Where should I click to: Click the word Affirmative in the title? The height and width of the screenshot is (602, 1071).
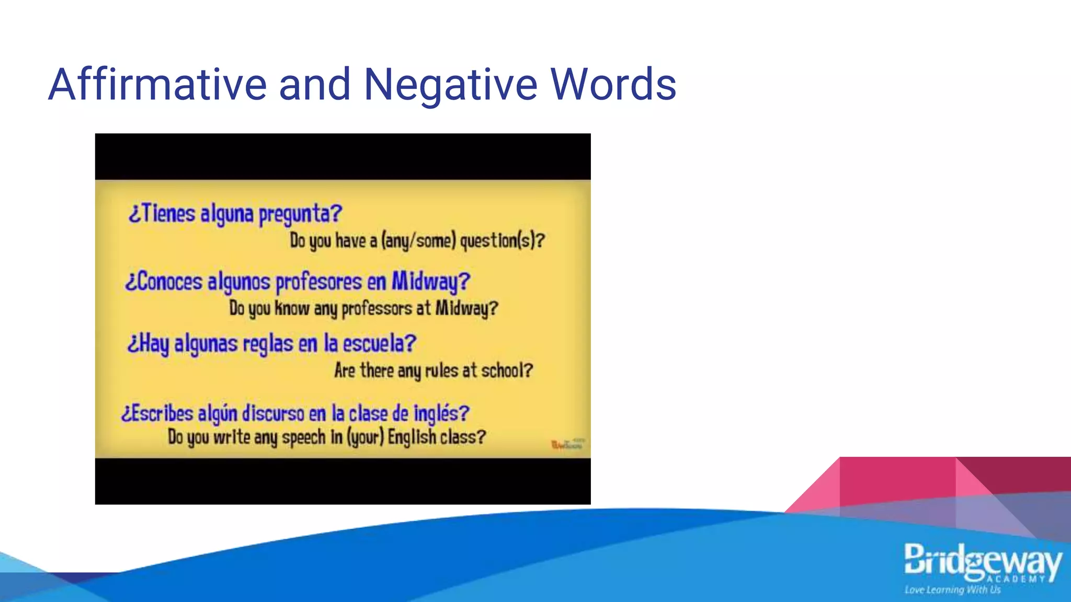(x=157, y=84)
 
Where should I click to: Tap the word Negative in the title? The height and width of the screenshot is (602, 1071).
(x=450, y=84)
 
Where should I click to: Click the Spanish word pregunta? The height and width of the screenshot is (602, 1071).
(x=300, y=214)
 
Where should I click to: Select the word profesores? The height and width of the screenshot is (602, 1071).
(x=318, y=282)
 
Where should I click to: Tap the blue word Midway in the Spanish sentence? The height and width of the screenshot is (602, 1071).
(x=430, y=282)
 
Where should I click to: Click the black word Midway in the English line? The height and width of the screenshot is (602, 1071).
(x=466, y=308)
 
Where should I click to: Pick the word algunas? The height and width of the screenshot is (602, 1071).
(x=206, y=344)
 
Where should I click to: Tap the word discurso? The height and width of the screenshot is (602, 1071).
(x=273, y=413)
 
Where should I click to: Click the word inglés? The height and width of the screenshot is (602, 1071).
(x=441, y=413)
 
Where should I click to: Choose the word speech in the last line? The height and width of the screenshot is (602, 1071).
(x=303, y=437)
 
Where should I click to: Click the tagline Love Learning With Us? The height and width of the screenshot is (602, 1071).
(x=952, y=590)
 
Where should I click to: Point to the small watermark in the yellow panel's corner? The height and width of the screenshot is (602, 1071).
(x=567, y=445)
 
